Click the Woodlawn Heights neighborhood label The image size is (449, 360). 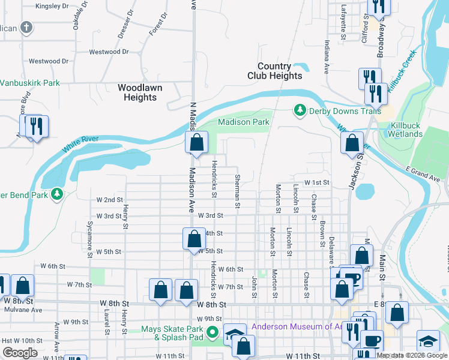140,92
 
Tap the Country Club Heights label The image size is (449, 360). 275,71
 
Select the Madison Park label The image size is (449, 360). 243,122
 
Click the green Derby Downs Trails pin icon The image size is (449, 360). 299,110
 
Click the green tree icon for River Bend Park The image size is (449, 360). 57,194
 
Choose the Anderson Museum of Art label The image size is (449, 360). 294,327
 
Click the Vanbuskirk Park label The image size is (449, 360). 29,83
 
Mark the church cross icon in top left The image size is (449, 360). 26,27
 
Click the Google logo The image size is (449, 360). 20,353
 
